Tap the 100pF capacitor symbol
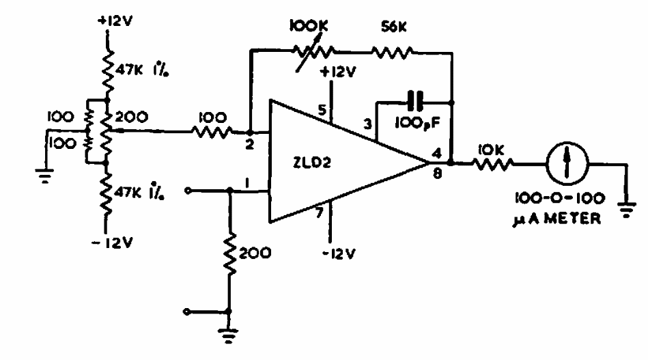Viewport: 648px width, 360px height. [415, 101]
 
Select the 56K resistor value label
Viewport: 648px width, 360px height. [394, 27]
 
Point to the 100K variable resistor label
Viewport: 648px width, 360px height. [309, 26]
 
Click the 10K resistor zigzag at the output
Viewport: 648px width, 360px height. [492, 164]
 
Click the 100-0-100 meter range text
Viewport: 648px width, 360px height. [559, 198]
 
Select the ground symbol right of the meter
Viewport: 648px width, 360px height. [627, 209]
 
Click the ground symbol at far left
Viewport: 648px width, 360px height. [44, 176]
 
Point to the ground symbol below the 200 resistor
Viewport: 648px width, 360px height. [228, 335]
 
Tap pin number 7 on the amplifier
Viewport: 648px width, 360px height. [319, 213]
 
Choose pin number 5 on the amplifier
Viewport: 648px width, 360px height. [322, 110]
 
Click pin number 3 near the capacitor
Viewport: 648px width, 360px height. [367, 124]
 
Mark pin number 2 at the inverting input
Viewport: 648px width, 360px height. [249, 145]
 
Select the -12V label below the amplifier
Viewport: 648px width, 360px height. [339, 253]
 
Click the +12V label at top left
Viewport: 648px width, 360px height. [115, 20]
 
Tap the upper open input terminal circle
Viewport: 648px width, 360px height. [188, 191]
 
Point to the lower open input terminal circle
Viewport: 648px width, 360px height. [187, 311]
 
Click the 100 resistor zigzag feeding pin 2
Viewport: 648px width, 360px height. [212, 132]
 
